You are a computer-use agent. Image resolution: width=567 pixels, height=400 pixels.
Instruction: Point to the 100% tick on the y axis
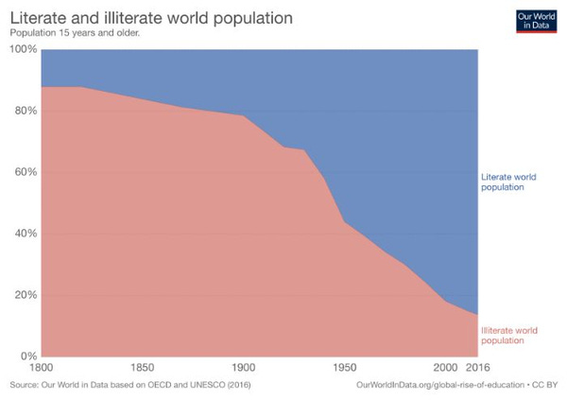[22, 49]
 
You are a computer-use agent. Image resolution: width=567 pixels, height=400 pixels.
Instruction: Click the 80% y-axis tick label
[24, 111]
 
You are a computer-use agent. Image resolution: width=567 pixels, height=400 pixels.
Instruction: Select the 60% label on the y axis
[24, 172]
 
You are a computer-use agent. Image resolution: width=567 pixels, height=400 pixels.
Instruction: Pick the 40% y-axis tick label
[24, 234]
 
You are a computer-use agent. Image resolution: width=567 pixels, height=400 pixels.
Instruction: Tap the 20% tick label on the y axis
[24, 295]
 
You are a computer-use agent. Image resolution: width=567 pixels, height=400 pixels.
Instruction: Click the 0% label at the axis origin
[26, 357]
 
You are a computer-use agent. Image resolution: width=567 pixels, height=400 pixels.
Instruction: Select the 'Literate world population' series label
[515, 182]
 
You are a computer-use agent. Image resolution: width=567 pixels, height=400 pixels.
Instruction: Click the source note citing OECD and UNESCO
[131, 387]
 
